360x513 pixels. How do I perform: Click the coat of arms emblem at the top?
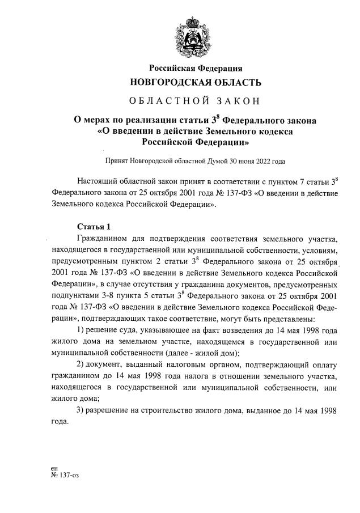click(x=196, y=35)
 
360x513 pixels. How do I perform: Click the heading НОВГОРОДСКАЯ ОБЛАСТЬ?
click(x=196, y=83)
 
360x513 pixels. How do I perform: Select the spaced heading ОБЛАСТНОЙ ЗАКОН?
click(x=196, y=101)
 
